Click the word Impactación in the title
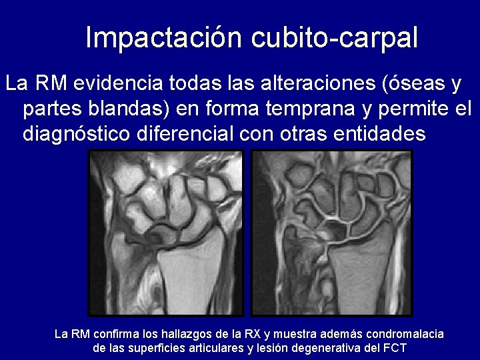click(x=165, y=38)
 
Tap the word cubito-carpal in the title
click(x=335, y=38)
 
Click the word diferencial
click(x=184, y=133)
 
